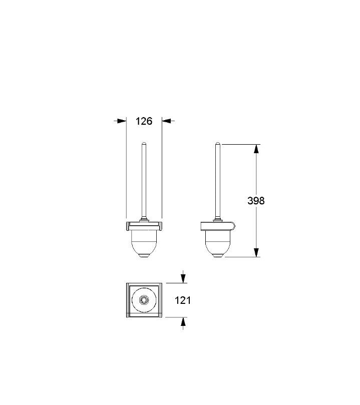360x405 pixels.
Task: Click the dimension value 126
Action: (144, 121)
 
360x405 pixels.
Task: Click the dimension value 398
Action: (256, 201)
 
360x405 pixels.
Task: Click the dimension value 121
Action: (183, 300)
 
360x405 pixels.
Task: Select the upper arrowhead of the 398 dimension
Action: (256, 149)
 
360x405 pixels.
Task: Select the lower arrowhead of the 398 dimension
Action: (256, 252)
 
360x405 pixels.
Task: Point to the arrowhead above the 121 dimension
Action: (183, 278)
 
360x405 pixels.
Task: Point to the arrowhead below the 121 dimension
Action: (183, 322)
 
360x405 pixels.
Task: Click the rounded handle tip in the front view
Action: (144, 143)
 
